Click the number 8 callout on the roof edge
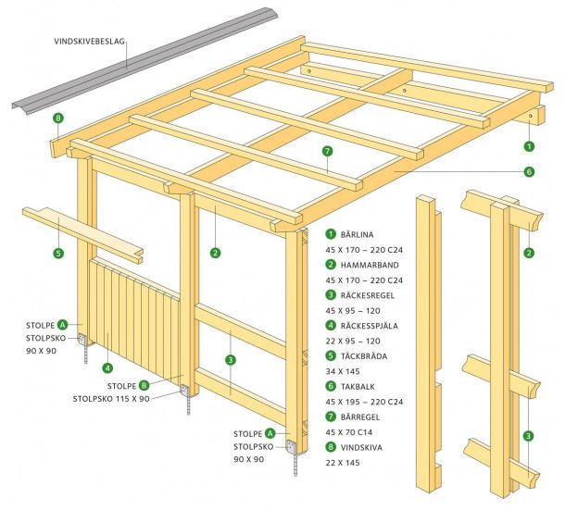point(58,118)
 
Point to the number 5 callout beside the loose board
point(58,253)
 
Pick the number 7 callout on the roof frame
point(327,152)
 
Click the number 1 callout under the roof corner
point(529,145)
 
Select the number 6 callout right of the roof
point(529,171)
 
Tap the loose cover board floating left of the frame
point(83,230)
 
